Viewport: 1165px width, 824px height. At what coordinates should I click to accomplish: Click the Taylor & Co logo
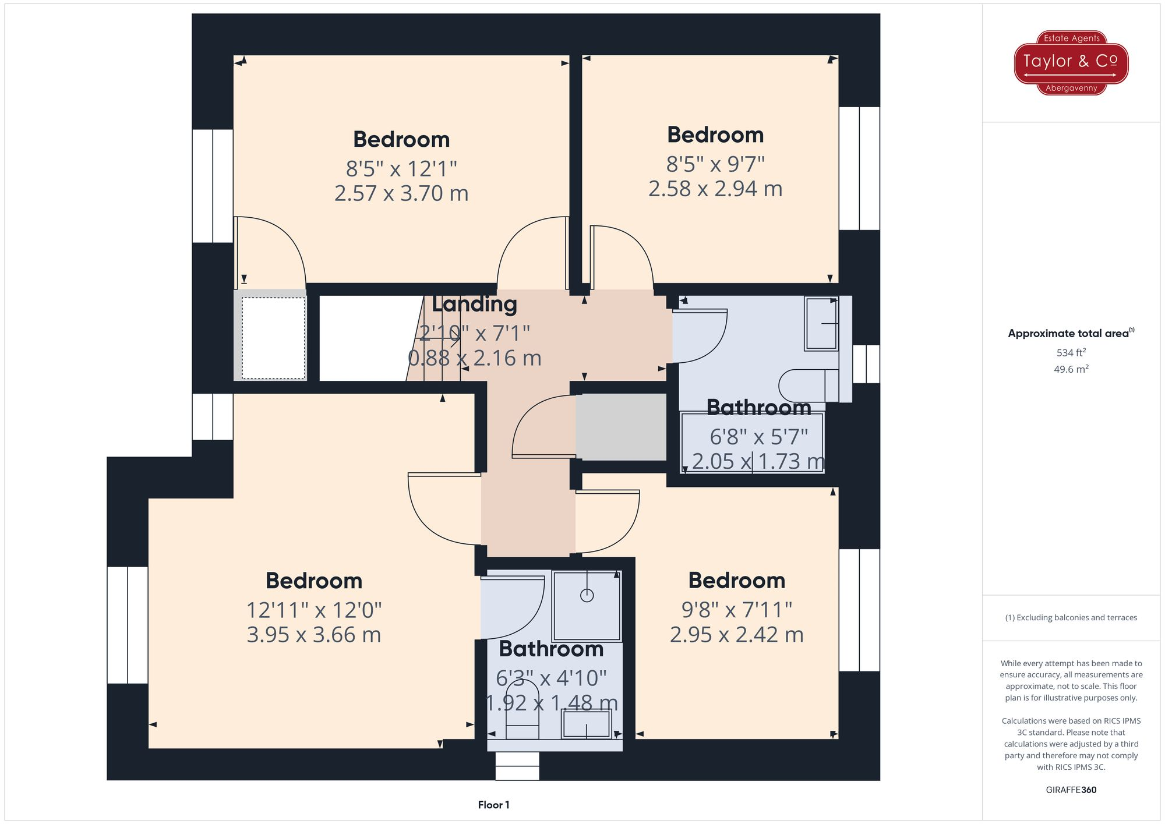coord(1071,62)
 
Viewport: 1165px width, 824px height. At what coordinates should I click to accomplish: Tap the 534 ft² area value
coord(1071,352)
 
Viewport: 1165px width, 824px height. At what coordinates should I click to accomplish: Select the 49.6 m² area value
coord(1071,369)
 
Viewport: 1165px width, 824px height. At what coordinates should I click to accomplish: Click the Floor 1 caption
coord(493,805)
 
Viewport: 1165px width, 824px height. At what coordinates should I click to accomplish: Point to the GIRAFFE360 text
coord(1071,790)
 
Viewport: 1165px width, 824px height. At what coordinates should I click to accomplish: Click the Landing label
coord(474,304)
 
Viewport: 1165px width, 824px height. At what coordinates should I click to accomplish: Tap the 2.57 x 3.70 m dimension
coord(401,193)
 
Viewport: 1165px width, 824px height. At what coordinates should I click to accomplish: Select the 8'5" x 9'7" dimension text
coord(715,164)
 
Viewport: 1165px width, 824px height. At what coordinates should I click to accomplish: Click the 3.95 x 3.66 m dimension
coord(314,635)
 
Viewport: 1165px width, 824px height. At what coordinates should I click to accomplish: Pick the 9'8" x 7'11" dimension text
coord(737,610)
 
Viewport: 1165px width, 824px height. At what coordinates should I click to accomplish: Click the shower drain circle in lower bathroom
coord(587,595)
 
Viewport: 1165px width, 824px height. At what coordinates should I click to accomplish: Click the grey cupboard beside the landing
coord(621,426)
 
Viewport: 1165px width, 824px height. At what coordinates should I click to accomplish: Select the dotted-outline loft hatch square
coord(274,338)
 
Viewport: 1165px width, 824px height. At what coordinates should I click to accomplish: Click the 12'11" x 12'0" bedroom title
coord(314,581)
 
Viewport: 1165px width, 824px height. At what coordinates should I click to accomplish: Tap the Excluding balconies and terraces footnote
coord(1071,617)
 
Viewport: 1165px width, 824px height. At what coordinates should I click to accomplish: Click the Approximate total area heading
coord(1071,333)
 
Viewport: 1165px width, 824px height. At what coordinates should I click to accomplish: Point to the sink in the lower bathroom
coord(586,725)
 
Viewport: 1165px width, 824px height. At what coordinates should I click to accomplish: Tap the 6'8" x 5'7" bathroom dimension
coord(758,436)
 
